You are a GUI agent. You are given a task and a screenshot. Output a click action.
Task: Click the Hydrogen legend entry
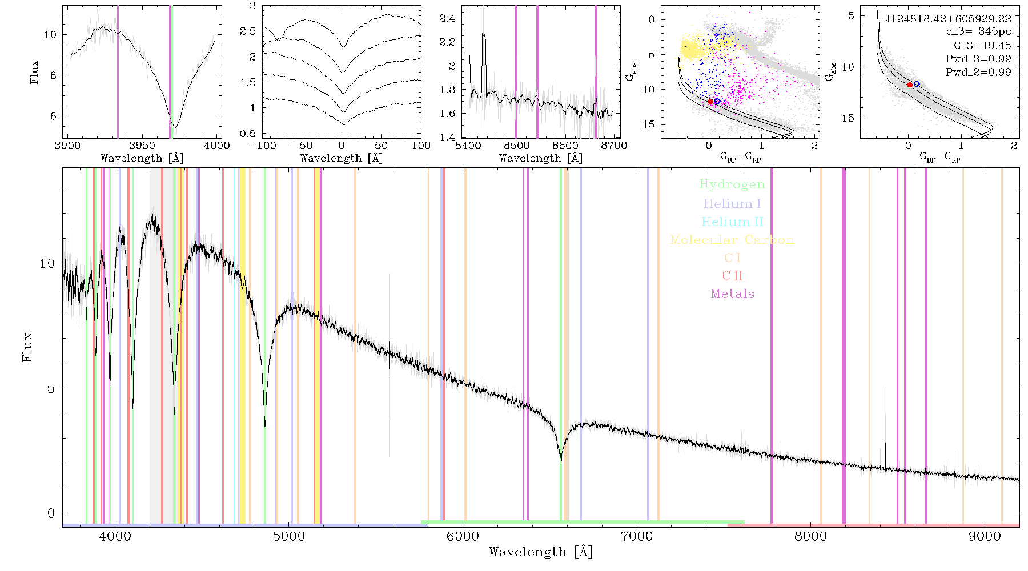coord(732,184)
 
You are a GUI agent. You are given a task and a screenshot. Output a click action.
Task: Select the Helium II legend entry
coord(732,222)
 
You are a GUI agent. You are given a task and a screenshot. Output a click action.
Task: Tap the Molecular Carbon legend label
coord(732,240)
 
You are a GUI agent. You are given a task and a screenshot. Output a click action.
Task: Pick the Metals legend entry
coord(732,294)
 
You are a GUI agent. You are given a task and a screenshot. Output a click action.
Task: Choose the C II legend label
coord(732,276)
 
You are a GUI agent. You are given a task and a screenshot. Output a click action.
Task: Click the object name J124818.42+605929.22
coord(948,18)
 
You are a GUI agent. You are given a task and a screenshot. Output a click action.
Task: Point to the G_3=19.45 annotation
coord(982,46)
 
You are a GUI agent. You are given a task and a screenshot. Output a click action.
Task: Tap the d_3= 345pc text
coord(978,31)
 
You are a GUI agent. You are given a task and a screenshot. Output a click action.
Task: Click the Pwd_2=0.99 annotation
coord(978,73)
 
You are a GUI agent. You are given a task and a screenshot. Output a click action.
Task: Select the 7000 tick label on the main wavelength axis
coord(636,536)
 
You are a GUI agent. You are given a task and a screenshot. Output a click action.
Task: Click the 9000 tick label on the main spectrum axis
coord(984,536)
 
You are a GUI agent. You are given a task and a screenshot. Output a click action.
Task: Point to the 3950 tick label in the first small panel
coord(142,146)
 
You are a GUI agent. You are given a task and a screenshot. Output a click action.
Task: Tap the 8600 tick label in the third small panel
coord(565,146)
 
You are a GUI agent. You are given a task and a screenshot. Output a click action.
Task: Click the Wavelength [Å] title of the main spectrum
coord(541,552)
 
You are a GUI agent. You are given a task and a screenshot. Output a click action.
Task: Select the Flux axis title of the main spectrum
coord(27,347)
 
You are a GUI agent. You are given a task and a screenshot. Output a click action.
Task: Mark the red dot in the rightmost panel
coord(910,85)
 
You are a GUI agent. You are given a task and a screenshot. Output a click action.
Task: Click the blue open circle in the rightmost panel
coord(917,84)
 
